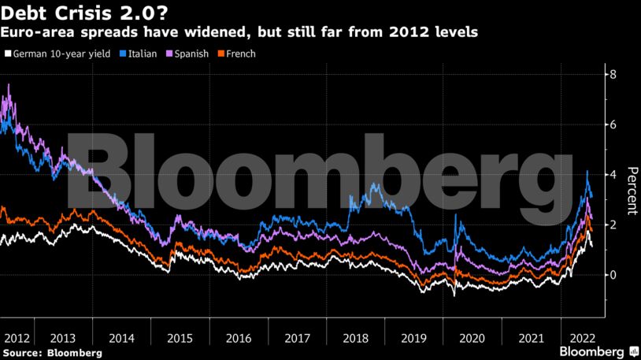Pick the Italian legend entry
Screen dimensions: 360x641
139,54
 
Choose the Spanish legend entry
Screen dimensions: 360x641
185,54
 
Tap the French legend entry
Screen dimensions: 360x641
237,54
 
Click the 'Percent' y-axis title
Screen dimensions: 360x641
631,191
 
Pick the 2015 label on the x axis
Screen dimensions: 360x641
179,337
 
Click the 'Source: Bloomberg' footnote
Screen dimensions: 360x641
52,353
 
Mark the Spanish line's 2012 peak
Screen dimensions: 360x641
9,84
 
